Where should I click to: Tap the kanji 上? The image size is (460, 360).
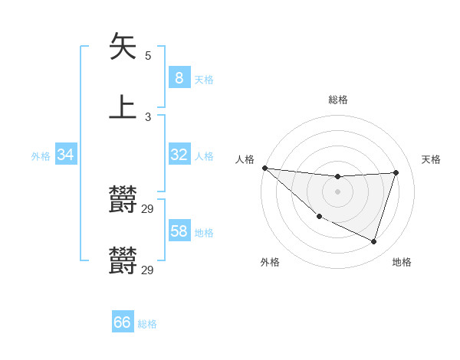123,106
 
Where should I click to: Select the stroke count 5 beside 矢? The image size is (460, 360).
148,56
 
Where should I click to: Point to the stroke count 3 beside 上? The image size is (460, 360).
148,117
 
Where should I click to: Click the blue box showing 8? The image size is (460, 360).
179,78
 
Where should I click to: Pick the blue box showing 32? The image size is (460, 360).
179,155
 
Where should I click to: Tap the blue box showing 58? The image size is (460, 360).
179,231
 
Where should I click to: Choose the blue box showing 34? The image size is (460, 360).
66,155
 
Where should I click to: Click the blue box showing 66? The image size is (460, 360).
123,322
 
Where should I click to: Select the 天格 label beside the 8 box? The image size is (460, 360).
203,80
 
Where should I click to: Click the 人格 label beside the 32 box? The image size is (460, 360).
203,156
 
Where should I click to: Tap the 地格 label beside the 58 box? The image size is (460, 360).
203,233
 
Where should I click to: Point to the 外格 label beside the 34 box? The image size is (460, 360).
41,156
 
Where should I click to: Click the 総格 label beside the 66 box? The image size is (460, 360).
147,324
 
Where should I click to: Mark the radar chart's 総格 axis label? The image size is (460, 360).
338,100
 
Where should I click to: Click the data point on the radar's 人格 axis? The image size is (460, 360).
264,168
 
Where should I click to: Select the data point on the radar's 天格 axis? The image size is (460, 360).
396,172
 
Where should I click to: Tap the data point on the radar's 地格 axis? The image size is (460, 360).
373,241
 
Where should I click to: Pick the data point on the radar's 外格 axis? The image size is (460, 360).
320,217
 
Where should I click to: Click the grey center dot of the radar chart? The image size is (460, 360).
338,191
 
